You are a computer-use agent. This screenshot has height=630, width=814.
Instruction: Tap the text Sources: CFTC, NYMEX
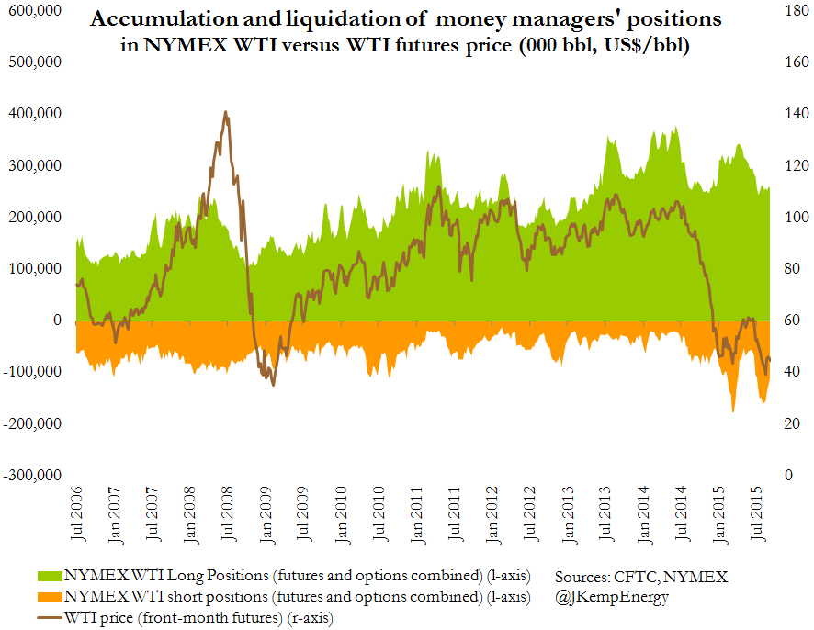(x=640, y=577)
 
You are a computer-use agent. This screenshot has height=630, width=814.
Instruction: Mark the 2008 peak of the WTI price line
(x=226, y=112)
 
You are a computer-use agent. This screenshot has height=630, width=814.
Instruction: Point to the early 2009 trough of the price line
(x=273, y=383)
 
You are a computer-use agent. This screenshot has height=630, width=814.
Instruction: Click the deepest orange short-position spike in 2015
(x=732, y=411)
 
